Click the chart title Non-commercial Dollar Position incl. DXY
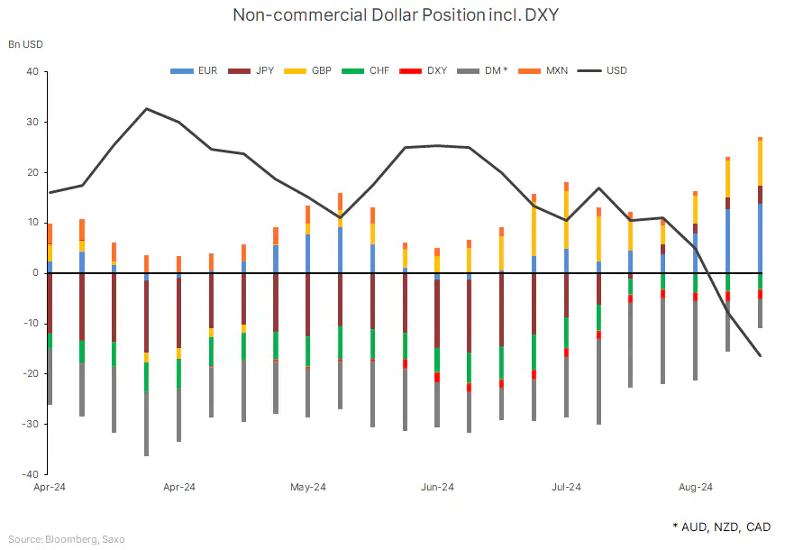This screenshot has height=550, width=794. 397,14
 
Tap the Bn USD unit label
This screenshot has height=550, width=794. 25,43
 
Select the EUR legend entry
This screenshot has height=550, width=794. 195,70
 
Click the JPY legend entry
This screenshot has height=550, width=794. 252,70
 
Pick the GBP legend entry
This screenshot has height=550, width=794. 311,70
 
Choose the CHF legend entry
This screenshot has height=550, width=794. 369,70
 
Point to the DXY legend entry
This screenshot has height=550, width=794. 426,70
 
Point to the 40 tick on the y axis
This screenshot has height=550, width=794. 32,71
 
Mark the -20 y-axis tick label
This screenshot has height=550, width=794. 30,373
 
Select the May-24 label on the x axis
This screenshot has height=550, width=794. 307,488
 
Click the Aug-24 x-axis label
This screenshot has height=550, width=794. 695,488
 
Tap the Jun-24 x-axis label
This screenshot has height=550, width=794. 437,488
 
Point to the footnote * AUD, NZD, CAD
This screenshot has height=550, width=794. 722,527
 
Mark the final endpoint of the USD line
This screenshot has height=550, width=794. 760,355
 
